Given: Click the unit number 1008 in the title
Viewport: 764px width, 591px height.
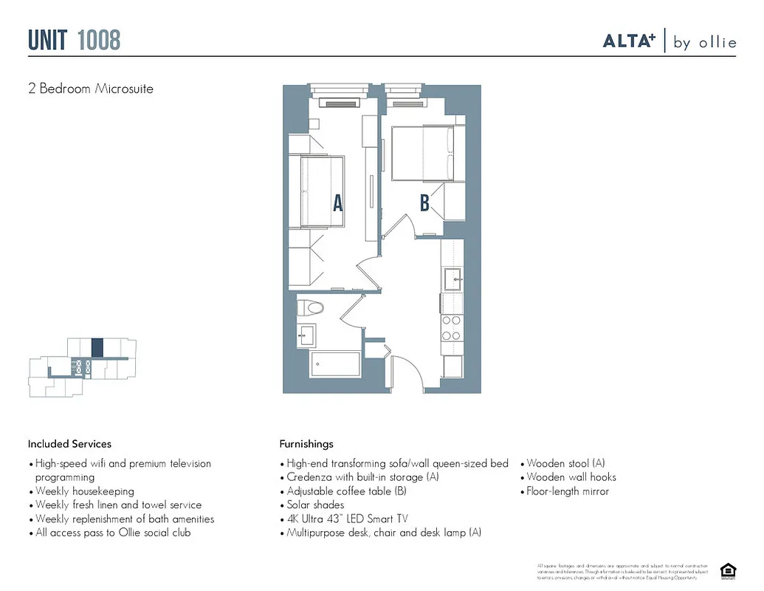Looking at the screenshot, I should click(x=98, y=40).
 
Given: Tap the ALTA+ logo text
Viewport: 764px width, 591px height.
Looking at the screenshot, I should click(x=629, y=41).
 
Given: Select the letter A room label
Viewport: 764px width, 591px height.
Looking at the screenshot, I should click(x=337, y=203).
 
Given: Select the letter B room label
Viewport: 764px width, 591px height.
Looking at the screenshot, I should click(x=424, y=203).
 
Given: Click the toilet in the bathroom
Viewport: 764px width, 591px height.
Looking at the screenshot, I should click(x=313, y=307).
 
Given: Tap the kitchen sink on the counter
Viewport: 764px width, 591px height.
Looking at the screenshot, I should click(x=452, y=278).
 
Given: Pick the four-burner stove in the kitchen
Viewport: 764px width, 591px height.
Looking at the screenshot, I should click(x=451, y=327).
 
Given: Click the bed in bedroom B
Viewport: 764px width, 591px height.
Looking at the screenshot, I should click(x=422, y=153).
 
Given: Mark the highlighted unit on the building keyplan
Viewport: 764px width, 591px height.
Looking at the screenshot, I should click(x=97, y=347).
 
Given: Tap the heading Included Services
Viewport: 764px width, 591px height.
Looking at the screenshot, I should click(x=70, y=444).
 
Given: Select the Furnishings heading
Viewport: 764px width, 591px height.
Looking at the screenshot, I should click(x=306, y=444).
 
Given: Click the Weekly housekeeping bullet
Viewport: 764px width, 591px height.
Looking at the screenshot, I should click(x=85, y=491).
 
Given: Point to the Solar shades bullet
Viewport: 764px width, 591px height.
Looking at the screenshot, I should click(x=315, y=505).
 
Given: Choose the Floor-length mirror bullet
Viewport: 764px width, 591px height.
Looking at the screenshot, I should click(x=568, y=491).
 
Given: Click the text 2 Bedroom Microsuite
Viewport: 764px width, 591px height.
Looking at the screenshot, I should click(x=91, y=89).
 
